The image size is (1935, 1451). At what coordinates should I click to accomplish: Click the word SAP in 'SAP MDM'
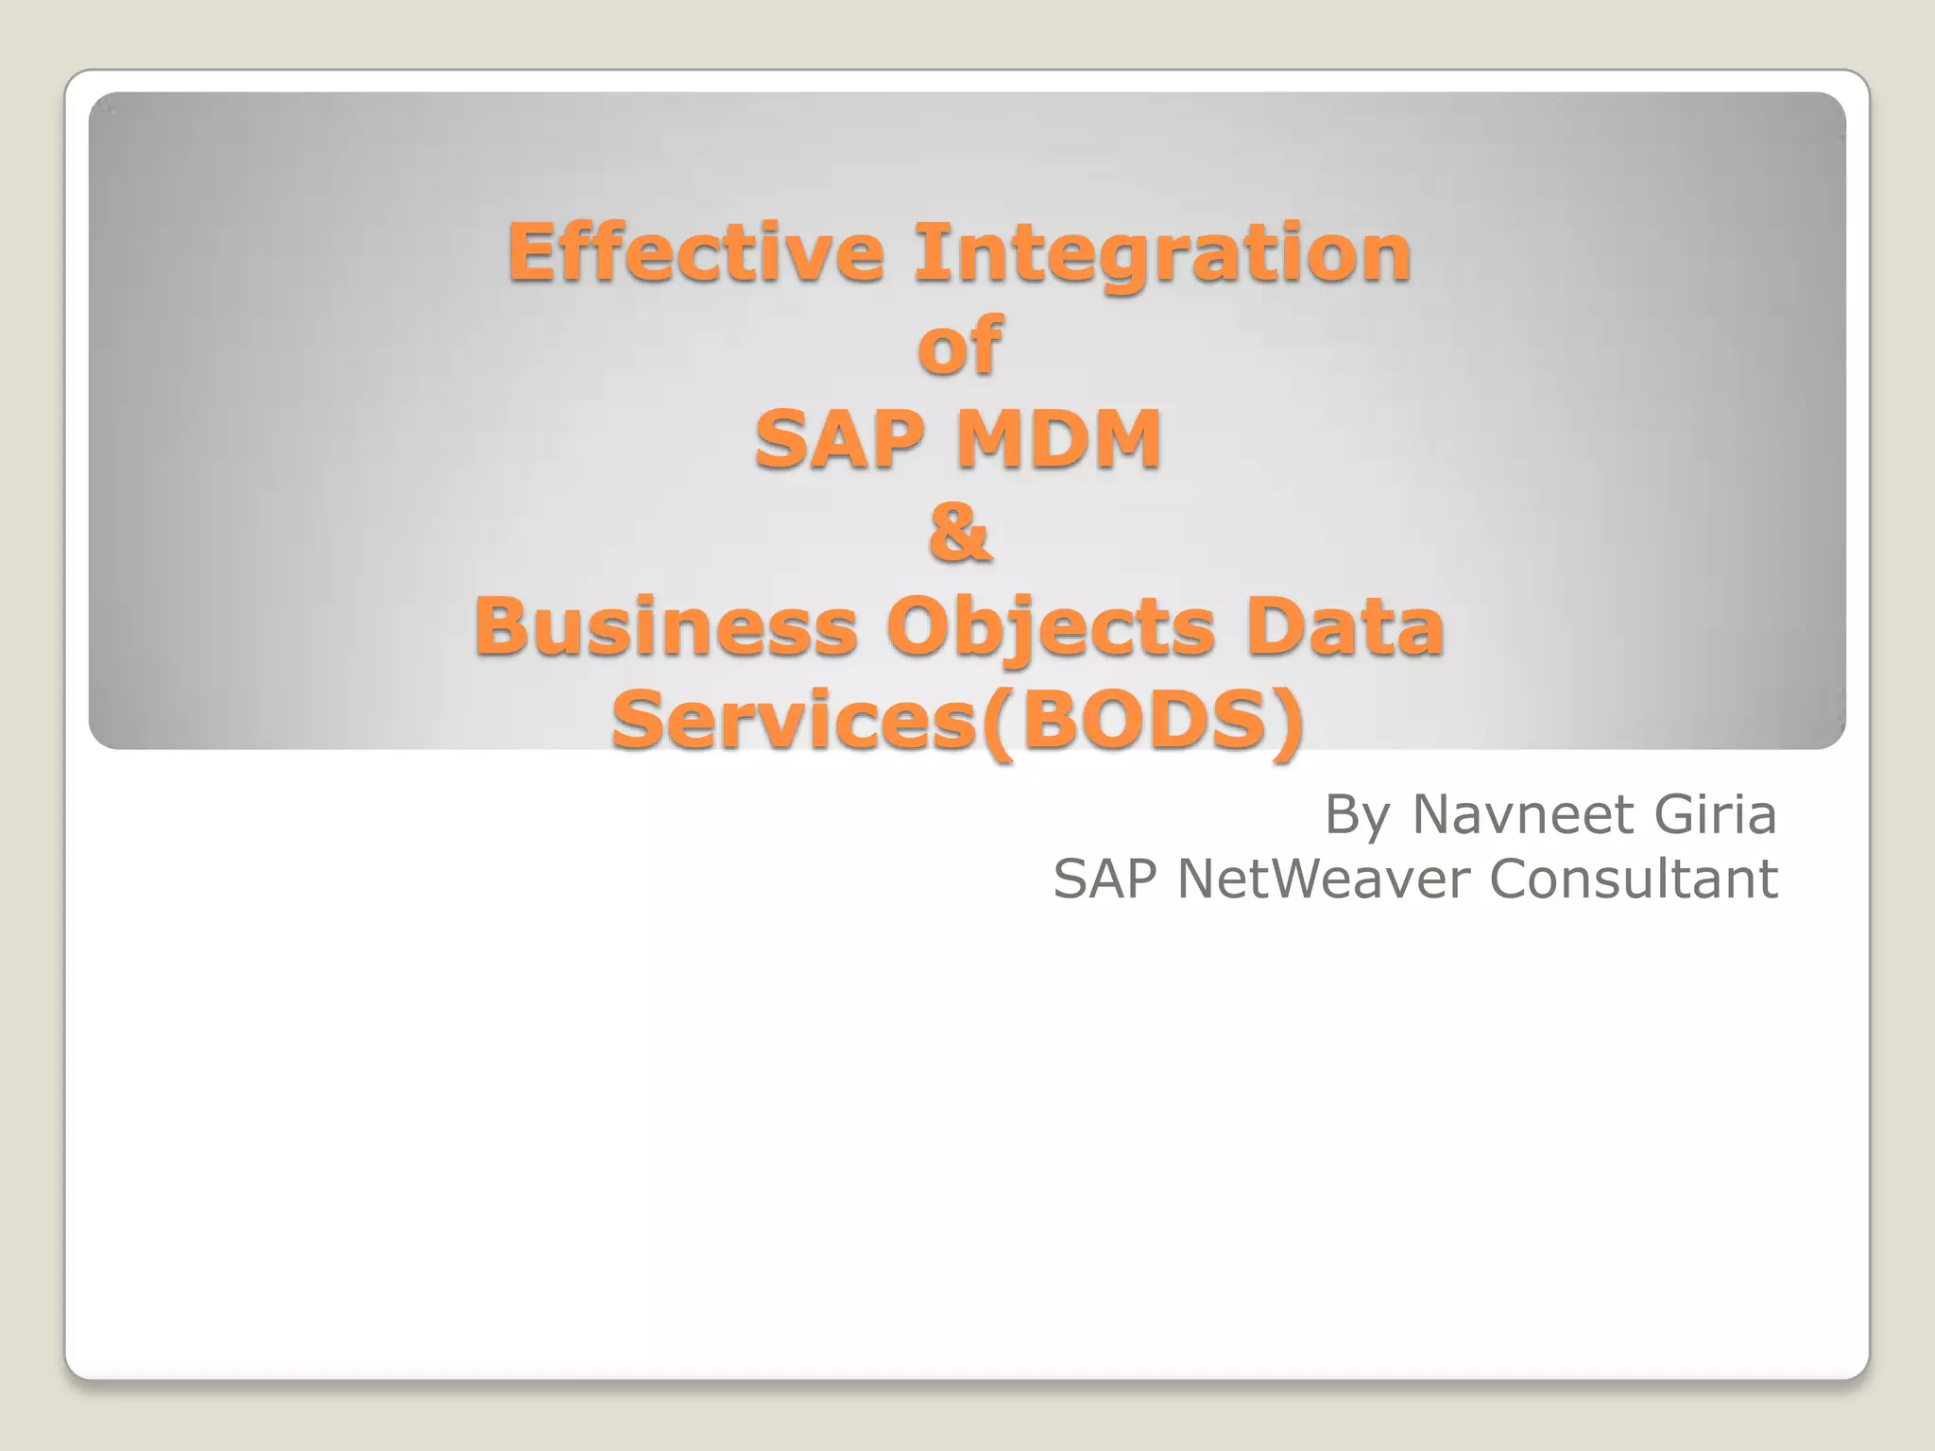tap(839, 439)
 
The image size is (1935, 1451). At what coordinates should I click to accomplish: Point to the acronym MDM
tap(1059, 439)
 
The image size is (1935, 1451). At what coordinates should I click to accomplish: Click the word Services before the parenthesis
tap(794, 720)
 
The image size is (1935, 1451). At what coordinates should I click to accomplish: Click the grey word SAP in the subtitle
tap(1104, 879)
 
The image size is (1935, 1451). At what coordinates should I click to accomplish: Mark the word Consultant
tap(1634, 879)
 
